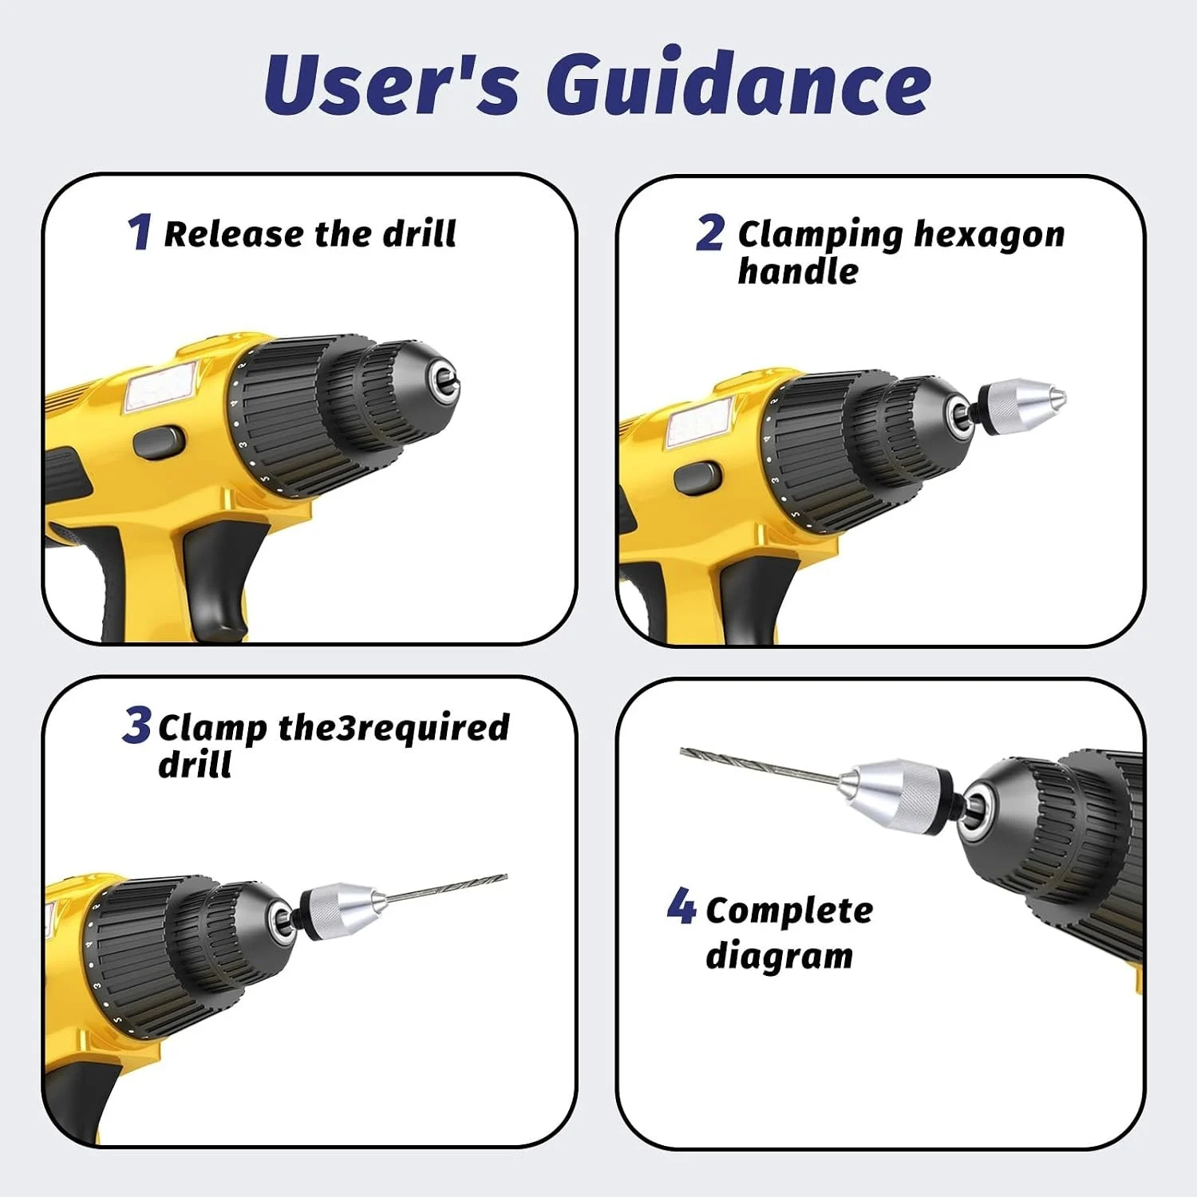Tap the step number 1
pyautogui.click(x=139, y=231)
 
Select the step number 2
pyautogui.click(x=709, y=233)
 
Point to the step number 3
pyautogui.click(x=136, y=725)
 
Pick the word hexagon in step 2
pyautogui.click(x=989, y=236)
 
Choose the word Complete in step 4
pyautogui.click(x=789, y=911)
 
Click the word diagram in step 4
pyautogui.click(x=779, y=955)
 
